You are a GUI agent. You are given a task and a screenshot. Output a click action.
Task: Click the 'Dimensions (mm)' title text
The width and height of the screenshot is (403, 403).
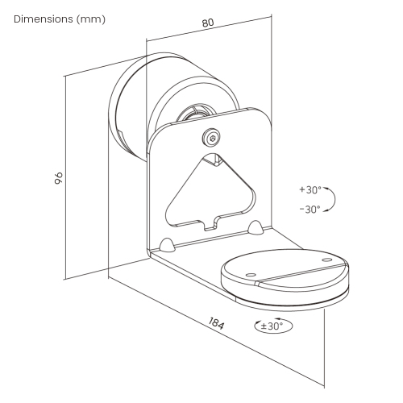pyautogui.click(x=60, y=19)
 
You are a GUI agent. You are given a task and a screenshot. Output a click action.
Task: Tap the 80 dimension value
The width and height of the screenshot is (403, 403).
pyautogui.click(x=208, y=24)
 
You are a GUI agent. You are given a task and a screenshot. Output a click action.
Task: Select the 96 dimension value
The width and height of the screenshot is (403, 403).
pyautogui.click(x=59, y=178)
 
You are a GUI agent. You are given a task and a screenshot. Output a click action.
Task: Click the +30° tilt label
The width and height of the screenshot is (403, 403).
pyautogui.click(x=310, y=190)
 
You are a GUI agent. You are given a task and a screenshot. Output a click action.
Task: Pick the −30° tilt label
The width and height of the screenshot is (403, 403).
pyautogui.click(x=310, y=209)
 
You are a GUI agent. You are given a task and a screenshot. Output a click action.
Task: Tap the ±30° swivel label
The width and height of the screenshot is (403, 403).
pyautogui.click(x=272, y=326)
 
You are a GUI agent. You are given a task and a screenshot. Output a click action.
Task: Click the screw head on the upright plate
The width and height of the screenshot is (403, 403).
pyautogui.click(x=212, y=138)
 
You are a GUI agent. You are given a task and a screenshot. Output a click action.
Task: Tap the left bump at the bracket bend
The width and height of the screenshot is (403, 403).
pyautogui.click(x=167, y=243)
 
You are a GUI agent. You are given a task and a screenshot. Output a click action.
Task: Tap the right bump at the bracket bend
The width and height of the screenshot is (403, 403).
pyautogui.click(x=256, y=227)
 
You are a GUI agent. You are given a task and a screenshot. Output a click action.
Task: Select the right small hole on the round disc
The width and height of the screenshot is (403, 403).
pyautogui.click(x=325, y=260)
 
